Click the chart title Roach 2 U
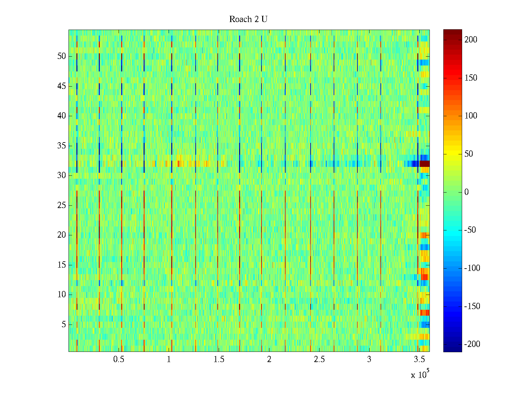point(248,19)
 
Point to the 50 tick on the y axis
point(62,56)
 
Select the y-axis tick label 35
point(62,146)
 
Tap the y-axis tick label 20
point(62,235)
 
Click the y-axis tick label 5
point(64,325)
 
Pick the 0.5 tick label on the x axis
point(119,359)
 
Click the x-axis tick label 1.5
point(219,359)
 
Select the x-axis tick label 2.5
point(319,359)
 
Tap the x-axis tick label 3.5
point(419,359)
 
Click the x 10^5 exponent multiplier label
point(420,375)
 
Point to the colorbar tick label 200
point(471,40)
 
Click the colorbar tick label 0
point(466,192)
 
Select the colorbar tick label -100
point(472,268)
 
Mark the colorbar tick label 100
point(471,116)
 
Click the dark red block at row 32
point(424,164)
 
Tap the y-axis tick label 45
point(62,86)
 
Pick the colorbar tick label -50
point(470,230)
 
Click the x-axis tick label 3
point(369,359)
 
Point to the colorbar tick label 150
point(471,78)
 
